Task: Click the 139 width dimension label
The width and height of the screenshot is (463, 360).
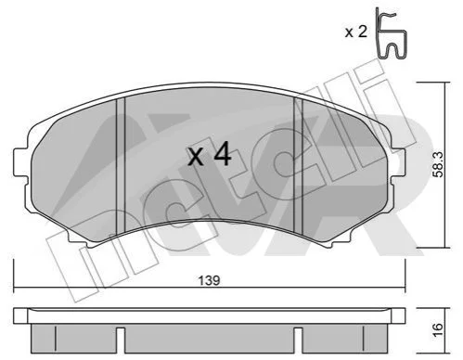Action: pos(209,280)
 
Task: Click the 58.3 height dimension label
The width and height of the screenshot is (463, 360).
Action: pos(438,165)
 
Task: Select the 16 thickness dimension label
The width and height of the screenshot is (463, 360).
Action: pos(438,330)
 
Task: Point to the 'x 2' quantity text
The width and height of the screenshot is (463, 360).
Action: pos(356,32)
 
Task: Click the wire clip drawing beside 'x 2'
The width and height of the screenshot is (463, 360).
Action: pos(391,33)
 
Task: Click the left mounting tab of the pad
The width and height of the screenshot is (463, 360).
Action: pos(21,162)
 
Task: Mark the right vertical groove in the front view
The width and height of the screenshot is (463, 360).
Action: pos(298,166)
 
